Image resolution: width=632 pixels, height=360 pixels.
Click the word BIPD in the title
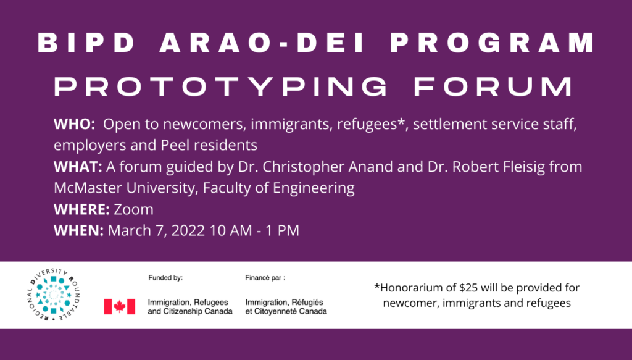pos(86,43)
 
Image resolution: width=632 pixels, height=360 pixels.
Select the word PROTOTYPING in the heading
pos(220,86)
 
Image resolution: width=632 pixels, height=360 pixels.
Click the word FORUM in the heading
pos(493,86)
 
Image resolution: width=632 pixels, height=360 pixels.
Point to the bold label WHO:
pos(74,124)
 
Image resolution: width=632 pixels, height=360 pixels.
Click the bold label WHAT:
pos(78,167)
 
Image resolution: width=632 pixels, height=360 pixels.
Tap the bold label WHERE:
pos(81,209)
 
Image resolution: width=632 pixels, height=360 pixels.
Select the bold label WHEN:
pos(78,230)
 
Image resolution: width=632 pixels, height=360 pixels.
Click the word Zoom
pos(133,209)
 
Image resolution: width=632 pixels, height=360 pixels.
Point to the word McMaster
pos(88,188)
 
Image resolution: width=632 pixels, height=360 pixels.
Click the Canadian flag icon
pos(120,306)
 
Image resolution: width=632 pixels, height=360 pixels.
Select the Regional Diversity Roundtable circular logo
pos(54,295)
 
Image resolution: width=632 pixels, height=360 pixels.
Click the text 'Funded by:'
pos(165,278)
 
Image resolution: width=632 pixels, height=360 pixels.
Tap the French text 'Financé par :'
pos(265,278)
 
